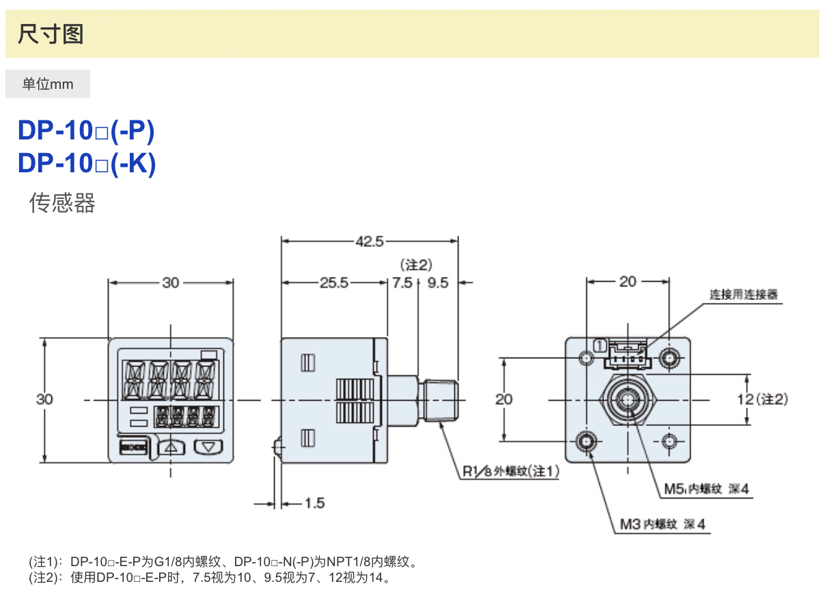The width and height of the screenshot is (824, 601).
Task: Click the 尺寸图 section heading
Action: (x=51, y=34)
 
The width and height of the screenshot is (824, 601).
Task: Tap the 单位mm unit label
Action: (x=47, y=84)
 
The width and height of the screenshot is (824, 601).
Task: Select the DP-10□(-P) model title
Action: (x=86, y=131)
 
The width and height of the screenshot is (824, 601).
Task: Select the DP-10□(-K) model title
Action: (x=86, y=163)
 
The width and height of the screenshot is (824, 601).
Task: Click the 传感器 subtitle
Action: (x=62, y=202)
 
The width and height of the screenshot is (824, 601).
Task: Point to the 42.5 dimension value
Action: (x=370, y=241)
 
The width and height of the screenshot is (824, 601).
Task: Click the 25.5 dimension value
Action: (x=334, y=282)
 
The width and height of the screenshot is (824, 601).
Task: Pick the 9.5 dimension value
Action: (x=437, y=282)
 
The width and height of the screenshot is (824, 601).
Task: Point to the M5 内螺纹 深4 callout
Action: (x=706, y=489)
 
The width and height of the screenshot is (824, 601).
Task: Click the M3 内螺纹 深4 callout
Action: (x=662, y=524)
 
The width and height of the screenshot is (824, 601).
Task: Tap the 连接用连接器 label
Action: (x=743, y=295)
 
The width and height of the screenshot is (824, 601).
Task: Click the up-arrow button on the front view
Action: (x=171, y=448)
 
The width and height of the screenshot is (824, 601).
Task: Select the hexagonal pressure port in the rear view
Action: (x=626, y=399)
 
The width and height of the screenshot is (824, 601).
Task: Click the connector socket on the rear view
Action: (x=625, y=354)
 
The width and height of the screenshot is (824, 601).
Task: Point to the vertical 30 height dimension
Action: (x=44, y=399)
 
